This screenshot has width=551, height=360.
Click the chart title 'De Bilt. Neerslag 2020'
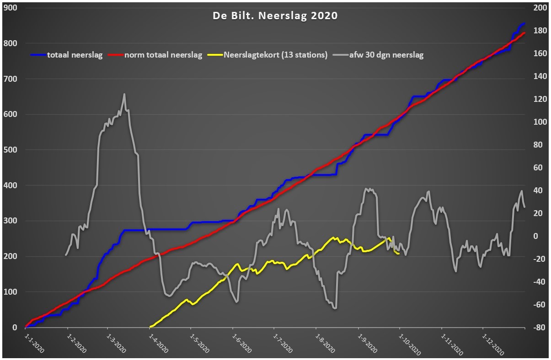pos(275,16)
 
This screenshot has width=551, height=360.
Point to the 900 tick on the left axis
pos(11,8)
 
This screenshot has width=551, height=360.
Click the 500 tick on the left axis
pos(11,150)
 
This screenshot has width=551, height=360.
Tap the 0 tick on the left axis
pos(15,327)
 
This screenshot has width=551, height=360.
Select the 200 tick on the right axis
pos(540,8)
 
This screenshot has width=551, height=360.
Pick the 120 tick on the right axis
pos(540,99)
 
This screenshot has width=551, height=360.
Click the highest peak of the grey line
pos(124,94)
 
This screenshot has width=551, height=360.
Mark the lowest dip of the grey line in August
pos(335,308)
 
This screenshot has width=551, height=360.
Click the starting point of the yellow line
pos(150,327)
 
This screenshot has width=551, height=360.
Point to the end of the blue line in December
pos(524,24)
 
